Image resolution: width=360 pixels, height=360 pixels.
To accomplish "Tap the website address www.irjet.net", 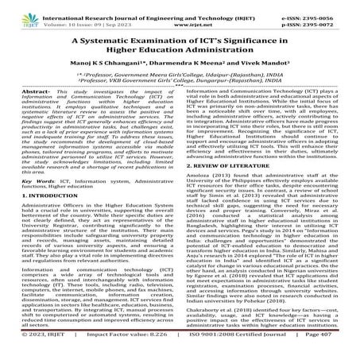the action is pyautogui.click(x=180, y=16).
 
